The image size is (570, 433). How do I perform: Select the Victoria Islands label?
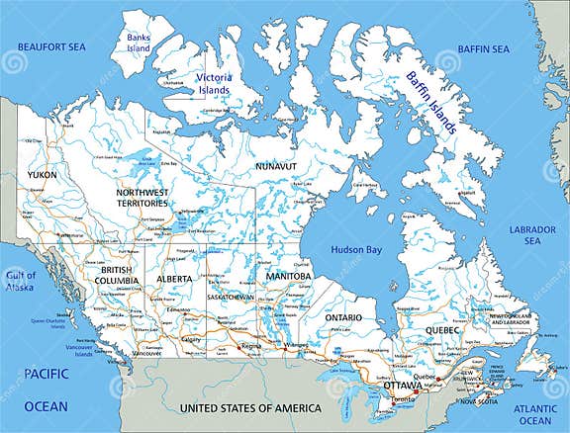pos(213,83)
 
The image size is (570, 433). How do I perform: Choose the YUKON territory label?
pos(42,175)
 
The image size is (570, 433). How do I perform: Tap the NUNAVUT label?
pos(277,167)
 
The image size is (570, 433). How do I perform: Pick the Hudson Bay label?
pos(356,250)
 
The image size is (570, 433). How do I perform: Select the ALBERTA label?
pos(173,279)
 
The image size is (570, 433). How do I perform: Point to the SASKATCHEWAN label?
pos(230,297)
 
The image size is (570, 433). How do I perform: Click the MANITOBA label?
pos(287,276)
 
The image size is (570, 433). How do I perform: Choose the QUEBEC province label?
pos(442,330)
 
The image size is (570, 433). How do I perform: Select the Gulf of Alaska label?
pos(20,281)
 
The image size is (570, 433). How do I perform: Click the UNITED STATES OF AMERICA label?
pos(249,408)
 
